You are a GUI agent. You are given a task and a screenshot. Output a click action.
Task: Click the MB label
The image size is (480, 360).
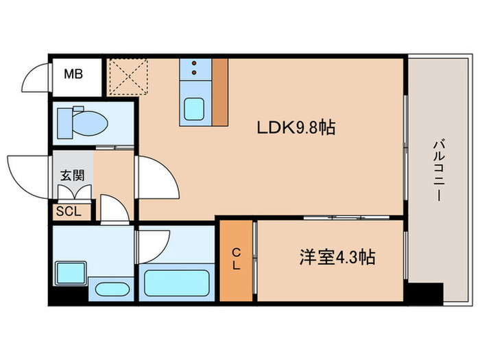click(73, 73)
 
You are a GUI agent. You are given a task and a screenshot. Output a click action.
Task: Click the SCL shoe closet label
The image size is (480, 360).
click(69, 212)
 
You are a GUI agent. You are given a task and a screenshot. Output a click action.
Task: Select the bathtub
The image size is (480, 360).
click(176, 283)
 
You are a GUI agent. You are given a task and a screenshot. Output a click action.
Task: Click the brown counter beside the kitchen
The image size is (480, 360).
click(219, 91)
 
